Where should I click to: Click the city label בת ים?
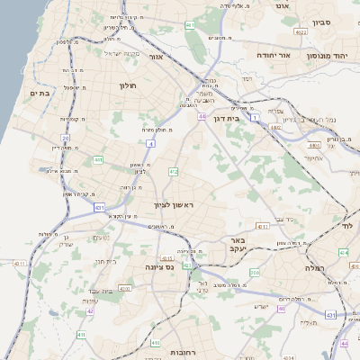point(39,92)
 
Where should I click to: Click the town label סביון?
point(323,22)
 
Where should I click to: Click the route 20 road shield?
point(66,138)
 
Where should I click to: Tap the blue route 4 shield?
point(150,143)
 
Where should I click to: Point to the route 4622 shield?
point(301,32)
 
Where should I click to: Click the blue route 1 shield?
point(255,118)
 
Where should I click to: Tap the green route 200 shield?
point(255,271)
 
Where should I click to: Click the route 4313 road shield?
point(123,288)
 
